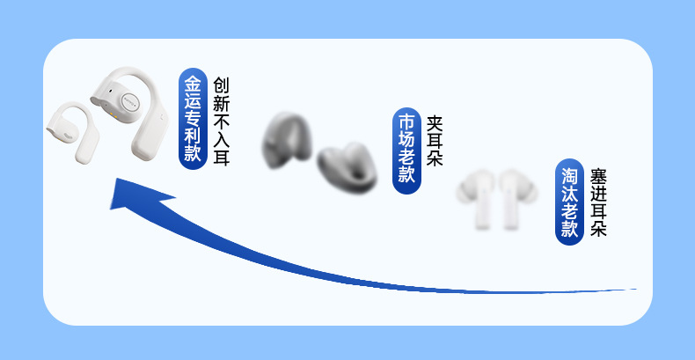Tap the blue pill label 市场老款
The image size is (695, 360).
pos(406,148)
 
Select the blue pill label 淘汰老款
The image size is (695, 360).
pos(570,202)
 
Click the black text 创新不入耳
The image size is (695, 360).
pos(221,121)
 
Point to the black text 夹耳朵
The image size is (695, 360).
pos(435,141)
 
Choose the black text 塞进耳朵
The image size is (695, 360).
pos(599,202)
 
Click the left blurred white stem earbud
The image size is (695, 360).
pos(479,198)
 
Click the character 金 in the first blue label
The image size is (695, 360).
pos(193,84)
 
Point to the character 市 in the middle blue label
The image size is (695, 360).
pos(406,121)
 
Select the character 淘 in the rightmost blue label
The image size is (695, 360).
pos(570,174)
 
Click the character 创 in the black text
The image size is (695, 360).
pos(221,86)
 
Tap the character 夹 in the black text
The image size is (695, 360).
pos(435,122)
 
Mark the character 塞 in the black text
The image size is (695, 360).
pos(599,174)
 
